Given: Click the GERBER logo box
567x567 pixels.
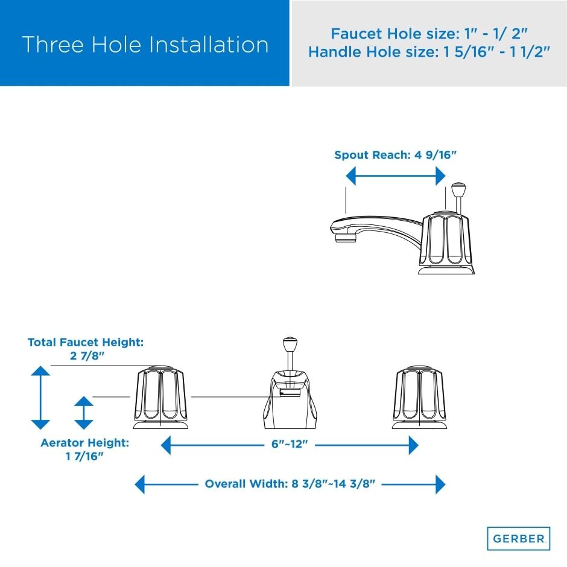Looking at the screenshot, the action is (519, 539).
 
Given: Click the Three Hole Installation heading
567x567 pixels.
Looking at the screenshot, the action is (145, 45).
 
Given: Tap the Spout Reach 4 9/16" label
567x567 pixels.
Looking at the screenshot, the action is (395, 155).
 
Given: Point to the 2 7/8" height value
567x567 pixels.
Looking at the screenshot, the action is (87, 356).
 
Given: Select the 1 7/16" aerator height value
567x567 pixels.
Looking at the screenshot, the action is (84, 457).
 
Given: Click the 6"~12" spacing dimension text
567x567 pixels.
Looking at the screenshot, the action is (290, 444).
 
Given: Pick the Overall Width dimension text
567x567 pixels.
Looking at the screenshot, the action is (290, 484).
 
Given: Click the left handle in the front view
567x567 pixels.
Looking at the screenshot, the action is (160, 398).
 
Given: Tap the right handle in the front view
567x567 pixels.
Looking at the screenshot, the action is (419, 398).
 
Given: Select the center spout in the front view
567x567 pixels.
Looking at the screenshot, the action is (290, 399).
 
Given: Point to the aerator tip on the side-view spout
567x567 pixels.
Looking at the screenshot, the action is (346, 238).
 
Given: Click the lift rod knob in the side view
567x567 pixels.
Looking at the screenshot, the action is (458, 188).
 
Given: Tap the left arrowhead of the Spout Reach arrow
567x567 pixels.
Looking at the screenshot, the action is (350, 176).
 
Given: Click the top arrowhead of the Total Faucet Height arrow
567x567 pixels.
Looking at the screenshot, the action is (40, 370).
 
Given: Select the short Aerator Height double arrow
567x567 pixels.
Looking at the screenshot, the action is (84, 413).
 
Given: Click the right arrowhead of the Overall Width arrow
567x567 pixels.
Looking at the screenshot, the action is (441, 484).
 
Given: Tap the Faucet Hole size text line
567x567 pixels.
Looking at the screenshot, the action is (429, 34).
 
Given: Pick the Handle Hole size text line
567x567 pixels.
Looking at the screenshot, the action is (429, 52).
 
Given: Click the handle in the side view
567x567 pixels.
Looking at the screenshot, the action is (446, 243).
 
